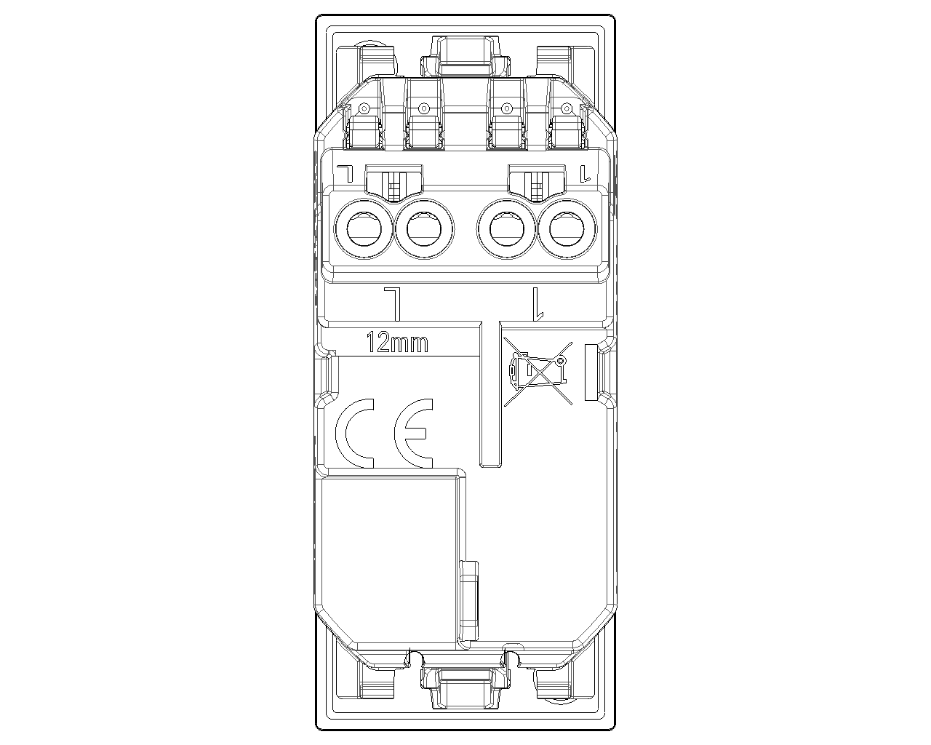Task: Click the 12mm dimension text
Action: tap(397, 342)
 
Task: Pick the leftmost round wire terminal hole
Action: tap(364, 229)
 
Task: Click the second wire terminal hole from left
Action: tap(424, 229)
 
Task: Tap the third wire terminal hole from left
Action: tap(507, 229)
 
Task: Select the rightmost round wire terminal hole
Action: tap(567, 229)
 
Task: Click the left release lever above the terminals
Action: tap(393, 182)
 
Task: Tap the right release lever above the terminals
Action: tap(537, 182)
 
